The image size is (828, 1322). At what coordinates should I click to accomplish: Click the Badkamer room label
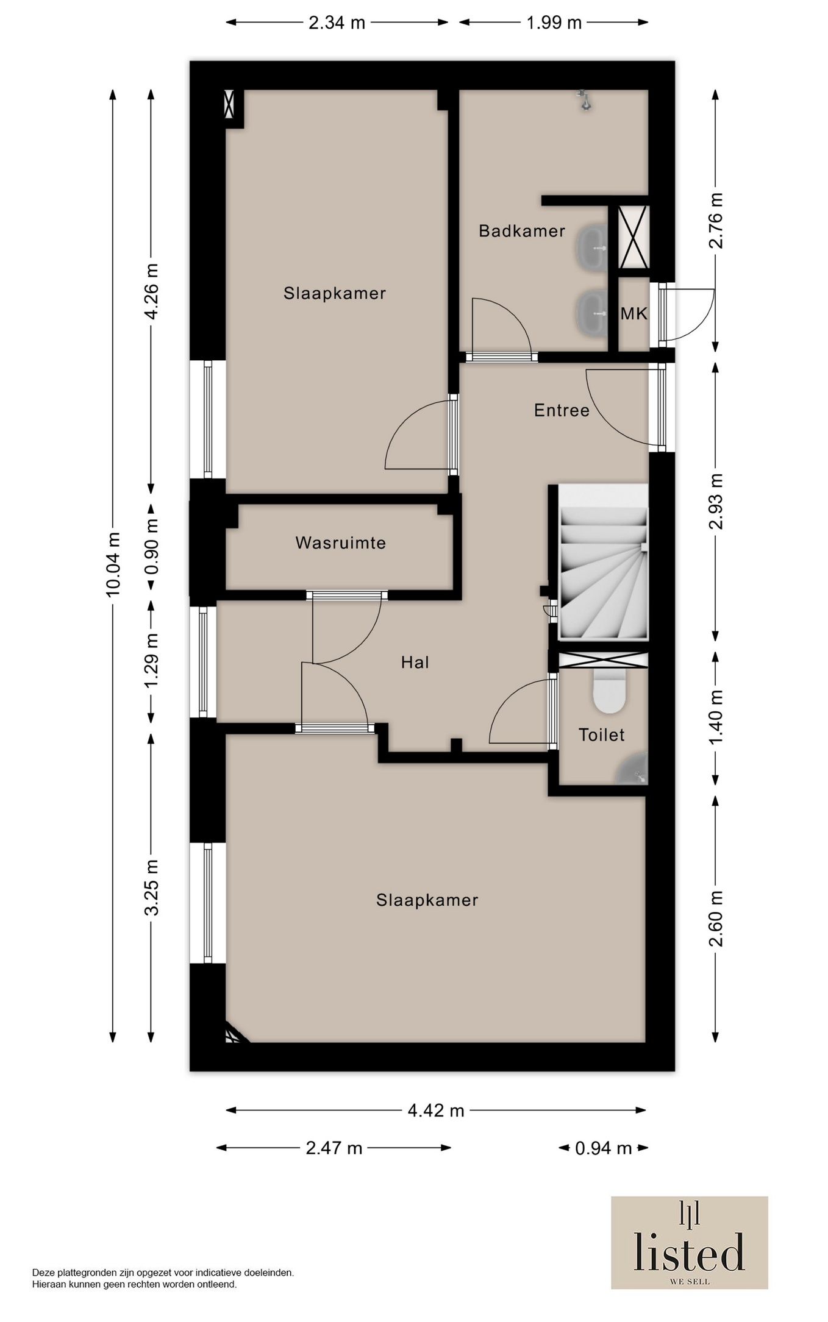click(522, 231)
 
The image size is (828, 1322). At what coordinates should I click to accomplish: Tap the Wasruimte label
click(341, 543)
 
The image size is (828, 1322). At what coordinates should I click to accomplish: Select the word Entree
click(562, 410)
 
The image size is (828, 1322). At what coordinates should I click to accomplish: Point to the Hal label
click(415, 662)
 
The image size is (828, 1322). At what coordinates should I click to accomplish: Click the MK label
click(634, 314)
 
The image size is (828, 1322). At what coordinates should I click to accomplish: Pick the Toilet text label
click(602, 735)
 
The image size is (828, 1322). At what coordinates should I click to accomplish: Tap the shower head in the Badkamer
click(585, 100)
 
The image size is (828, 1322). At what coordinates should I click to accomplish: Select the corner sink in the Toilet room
click(634, 770)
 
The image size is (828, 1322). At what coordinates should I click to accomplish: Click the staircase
click(604, 563)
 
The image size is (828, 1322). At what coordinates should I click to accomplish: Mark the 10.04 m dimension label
click(113, 564)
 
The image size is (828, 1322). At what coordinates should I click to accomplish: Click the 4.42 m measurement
click(436, 1111)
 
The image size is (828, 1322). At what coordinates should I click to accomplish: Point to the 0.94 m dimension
click(604, 1148)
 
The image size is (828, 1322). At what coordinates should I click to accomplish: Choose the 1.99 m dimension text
click(554, 23)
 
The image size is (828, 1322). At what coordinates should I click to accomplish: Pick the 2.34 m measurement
click(337, 23)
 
